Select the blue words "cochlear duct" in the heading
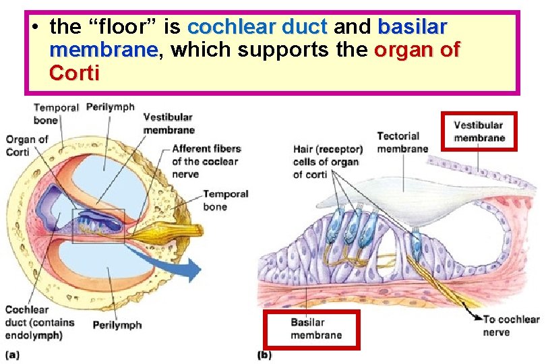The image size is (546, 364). (257, 27)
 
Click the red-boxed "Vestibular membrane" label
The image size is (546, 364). (479, 131)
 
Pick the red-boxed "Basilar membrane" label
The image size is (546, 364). (312, 329)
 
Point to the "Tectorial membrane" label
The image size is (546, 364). (402, 142)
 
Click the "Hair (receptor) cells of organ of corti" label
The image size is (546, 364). (327, 162)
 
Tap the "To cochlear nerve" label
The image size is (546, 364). (510, 326)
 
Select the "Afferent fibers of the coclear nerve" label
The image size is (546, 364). (205, 161)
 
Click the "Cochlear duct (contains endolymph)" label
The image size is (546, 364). (33, 323)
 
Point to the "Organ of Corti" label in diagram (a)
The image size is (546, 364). (27, 146)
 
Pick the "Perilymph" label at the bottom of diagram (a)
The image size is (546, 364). (117, 325)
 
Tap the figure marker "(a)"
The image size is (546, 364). (13, 354)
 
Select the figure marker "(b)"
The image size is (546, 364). (265, 354)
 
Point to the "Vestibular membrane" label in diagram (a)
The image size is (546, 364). (168, 123)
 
